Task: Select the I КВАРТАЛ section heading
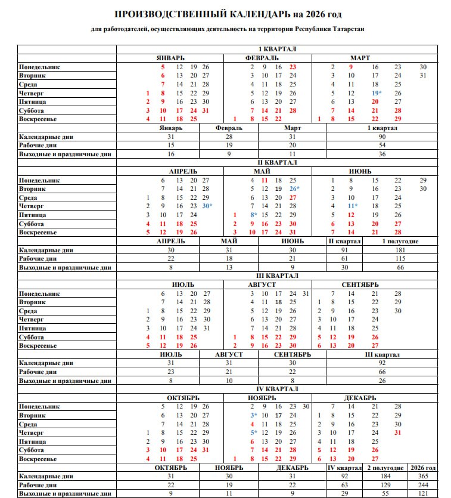click(277, 50)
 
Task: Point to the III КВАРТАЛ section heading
click(277, 276)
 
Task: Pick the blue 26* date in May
click(294, 189)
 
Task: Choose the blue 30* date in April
click(207, 206)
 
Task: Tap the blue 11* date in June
click(353, 206)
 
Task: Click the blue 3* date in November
click(254, 415)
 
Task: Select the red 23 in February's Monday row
click(293, 67)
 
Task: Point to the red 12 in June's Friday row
click(352, 215)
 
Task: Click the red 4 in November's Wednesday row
click(253, 424)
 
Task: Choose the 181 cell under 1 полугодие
click(400, 250)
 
